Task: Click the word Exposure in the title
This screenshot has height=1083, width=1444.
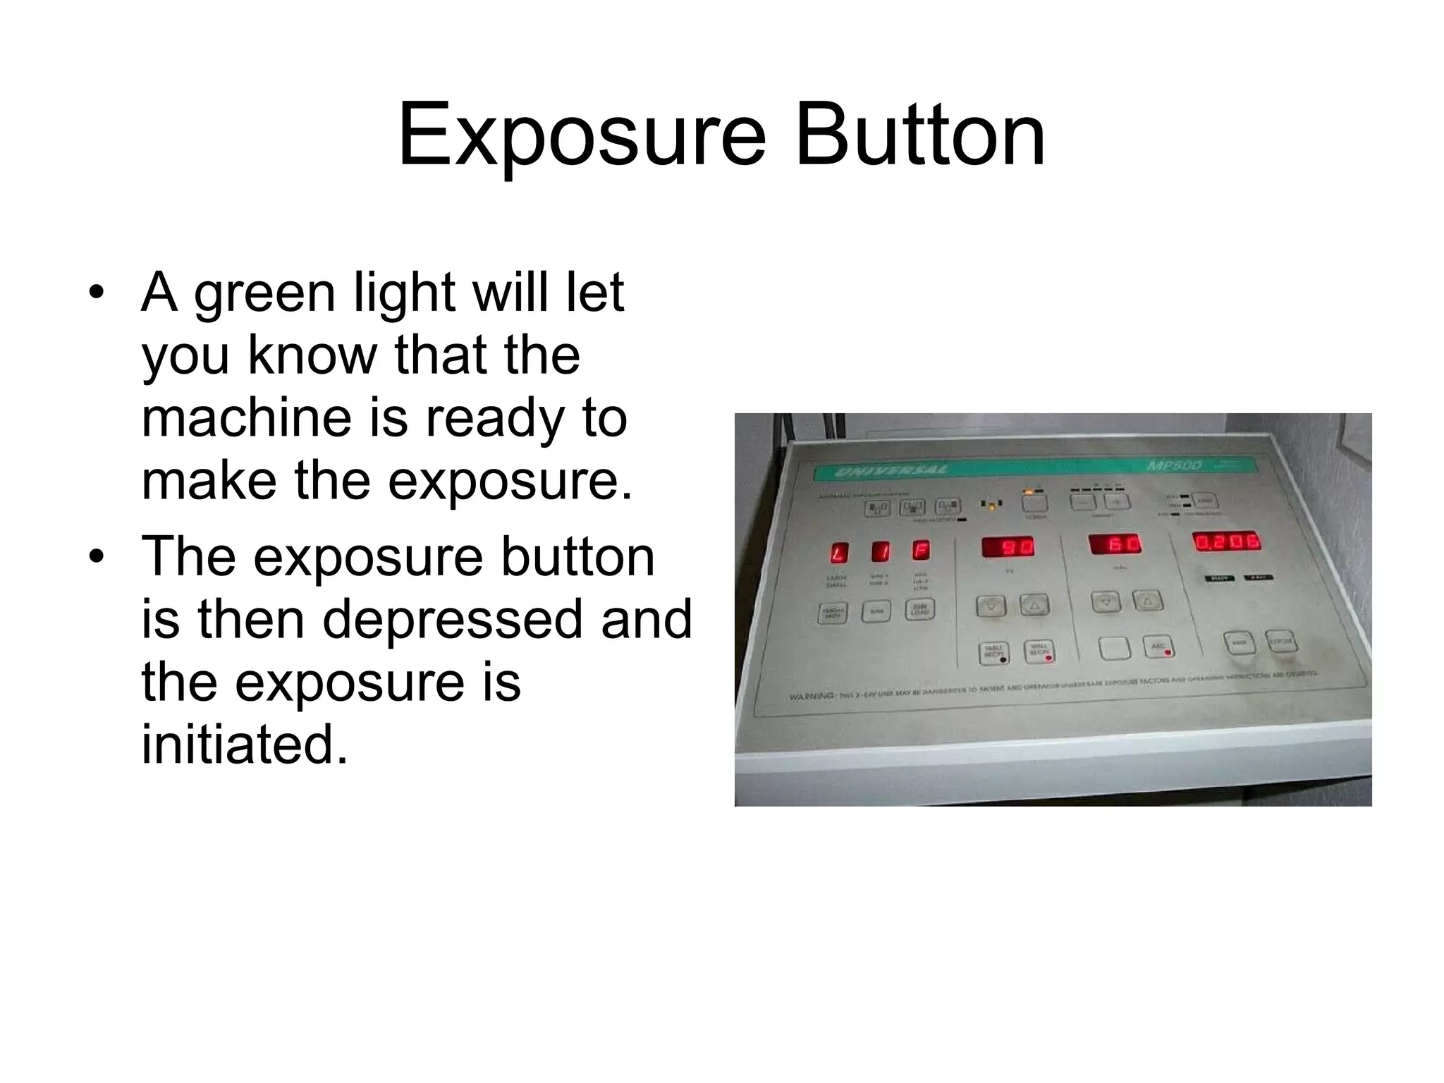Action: (581, 135)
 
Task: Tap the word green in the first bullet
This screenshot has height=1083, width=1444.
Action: (264, 295)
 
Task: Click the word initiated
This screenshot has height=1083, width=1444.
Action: (245, 745)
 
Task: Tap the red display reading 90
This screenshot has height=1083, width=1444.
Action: (1008, 547)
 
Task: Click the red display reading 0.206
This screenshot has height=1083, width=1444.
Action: (1227, 542)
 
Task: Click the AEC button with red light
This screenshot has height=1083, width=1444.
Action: (1158, 647)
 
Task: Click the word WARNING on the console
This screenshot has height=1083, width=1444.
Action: (812, 696)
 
